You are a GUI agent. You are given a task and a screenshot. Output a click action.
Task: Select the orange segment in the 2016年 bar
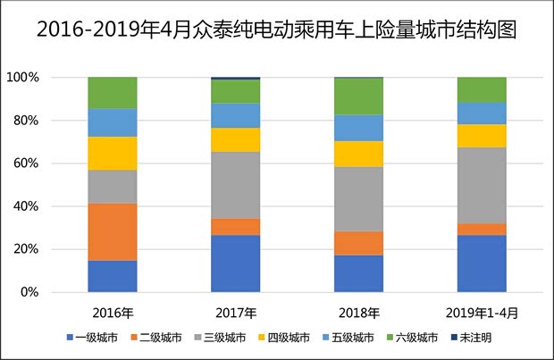tap(113, 231)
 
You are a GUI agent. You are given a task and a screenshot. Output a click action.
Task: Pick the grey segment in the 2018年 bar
tap(358, 199)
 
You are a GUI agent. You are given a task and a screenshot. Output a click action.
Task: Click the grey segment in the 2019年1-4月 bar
tap(482, 185)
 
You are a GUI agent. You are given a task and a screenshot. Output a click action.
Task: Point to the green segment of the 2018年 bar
tap(358, 96)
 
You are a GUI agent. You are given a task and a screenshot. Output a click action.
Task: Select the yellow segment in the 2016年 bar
tap(113, 153)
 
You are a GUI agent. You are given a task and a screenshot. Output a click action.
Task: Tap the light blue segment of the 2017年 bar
tap(236, 115)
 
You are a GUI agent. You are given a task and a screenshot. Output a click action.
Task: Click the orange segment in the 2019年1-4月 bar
tap(482, 230)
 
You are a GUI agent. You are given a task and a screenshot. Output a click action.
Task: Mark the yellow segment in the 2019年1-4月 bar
tap(482, 135)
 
